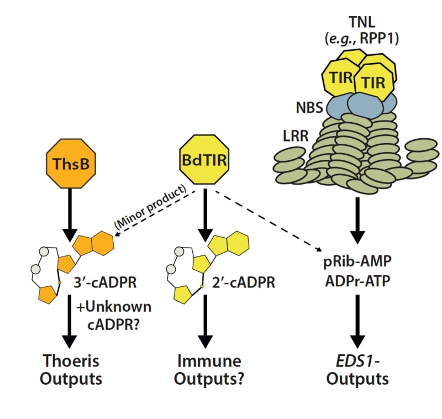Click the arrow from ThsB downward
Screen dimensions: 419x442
[70, 213]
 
